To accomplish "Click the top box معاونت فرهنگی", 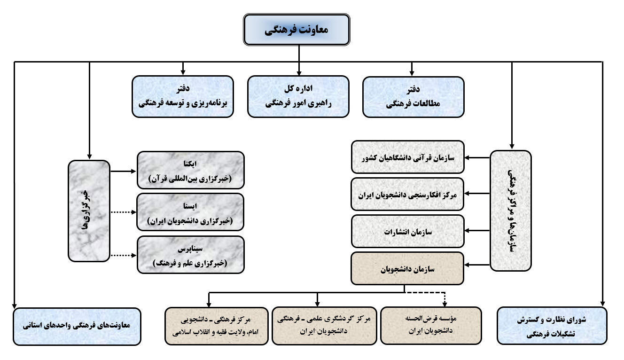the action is coord(296,30).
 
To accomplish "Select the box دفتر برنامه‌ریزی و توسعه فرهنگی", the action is coord(183,96).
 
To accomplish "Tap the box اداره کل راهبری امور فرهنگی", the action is coord(298,96).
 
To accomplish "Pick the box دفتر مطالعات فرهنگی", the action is coord(413,97).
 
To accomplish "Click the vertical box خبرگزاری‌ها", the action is coord(89,211).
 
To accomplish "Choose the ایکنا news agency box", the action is coord(191,170).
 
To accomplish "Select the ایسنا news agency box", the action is coord(191,212).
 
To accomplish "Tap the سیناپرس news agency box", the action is coord(191,255).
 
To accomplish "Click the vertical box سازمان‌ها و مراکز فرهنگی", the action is coord(511,211).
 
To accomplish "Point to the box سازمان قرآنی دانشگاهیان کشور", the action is coord(408,157).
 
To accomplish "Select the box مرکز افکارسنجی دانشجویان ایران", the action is coord(407,194).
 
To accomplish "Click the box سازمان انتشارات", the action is coord(408,231).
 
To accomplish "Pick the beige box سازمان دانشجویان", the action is coord(407,269).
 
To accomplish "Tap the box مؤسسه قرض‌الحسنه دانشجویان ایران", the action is coord(431,326).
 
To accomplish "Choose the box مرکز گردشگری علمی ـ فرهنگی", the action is coord(324,326).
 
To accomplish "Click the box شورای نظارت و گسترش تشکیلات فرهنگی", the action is coord(552,326).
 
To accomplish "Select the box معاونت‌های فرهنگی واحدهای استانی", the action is coord(77,327).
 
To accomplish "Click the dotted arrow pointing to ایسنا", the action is coord(124,212).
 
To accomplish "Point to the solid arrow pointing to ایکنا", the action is coord(123,172).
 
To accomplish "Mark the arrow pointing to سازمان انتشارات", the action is coord(477,231).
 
